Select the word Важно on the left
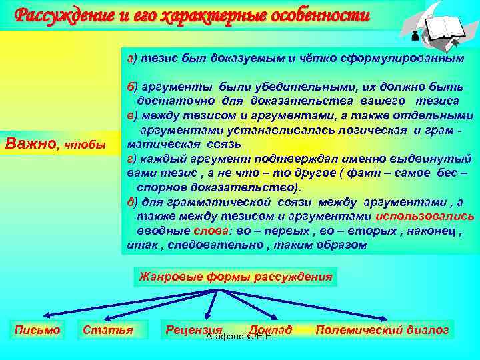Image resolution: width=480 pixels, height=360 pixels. coord(31,143)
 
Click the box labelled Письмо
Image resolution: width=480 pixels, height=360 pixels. coord(37,329)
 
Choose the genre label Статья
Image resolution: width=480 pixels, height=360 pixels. coord(107,329)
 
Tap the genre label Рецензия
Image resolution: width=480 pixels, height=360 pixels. coord(193,329)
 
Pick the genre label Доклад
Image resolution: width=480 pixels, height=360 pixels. coord(270,329)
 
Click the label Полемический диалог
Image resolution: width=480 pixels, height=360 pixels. coord(382,329)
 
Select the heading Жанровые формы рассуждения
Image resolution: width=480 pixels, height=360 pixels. coord(235,275)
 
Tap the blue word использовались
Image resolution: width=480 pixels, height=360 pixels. coord(425,216)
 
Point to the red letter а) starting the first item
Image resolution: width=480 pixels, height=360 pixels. coord(131,58)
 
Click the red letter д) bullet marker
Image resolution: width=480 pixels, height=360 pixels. coord(132,202)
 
